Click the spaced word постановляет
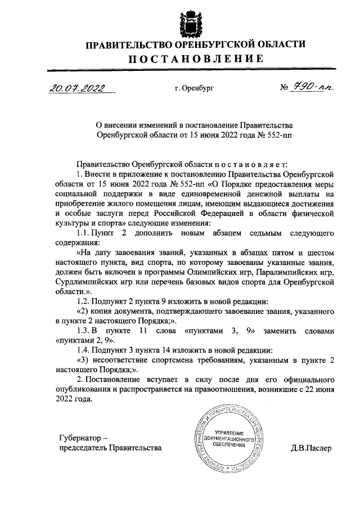coord(250,164)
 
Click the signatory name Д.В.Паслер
coord(312,448)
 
